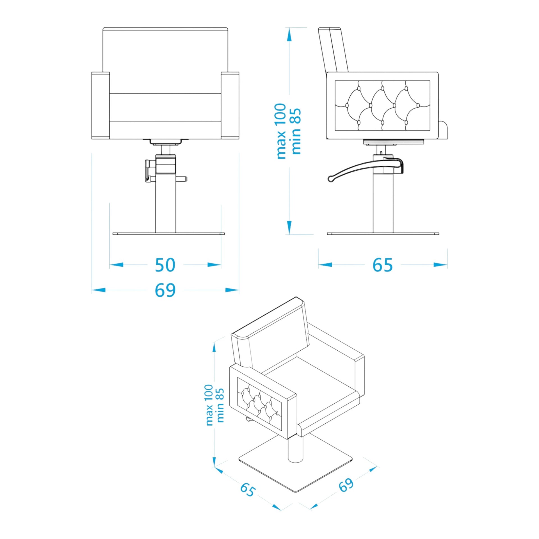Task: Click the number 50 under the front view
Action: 165,265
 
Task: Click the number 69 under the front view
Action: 165,290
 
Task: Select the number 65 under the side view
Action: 382,265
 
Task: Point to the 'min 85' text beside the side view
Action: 296,131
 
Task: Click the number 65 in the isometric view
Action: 248,490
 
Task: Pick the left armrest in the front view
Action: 101,105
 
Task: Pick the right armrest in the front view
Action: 230,105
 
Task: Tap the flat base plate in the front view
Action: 168,234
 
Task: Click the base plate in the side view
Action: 383,234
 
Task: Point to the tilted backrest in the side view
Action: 333,50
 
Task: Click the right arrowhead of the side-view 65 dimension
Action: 440,265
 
